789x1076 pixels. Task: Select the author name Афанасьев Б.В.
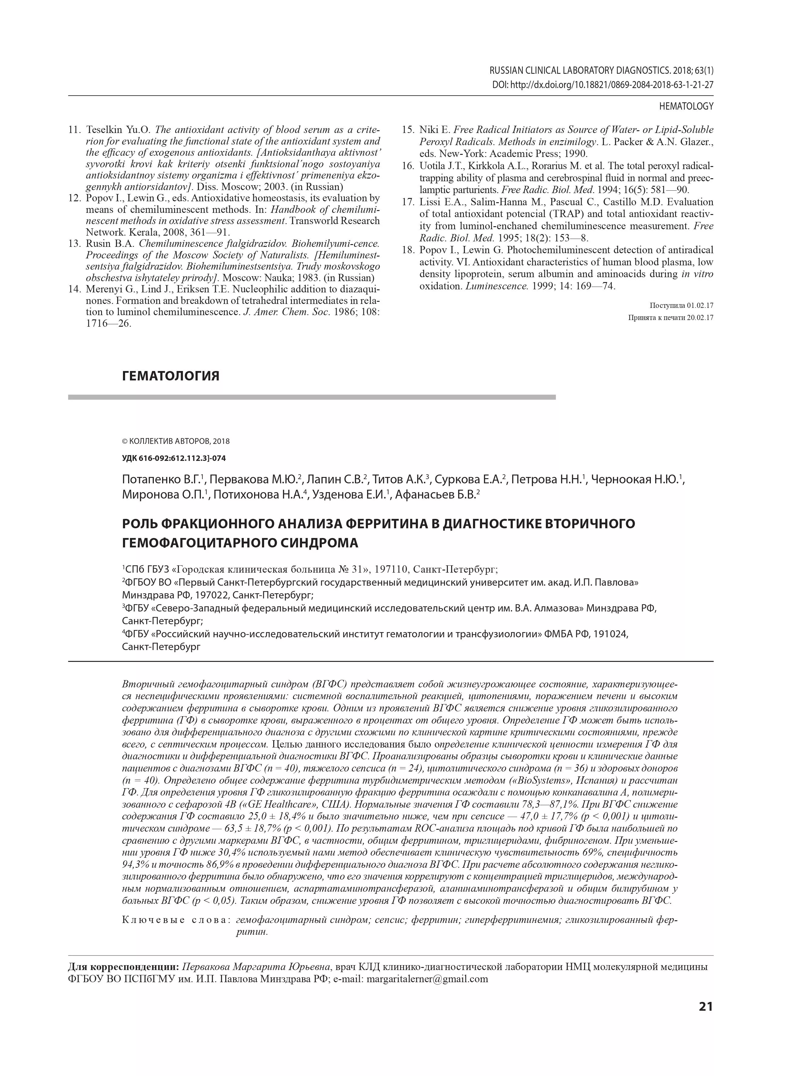pyautogui.click(x=436, y=495)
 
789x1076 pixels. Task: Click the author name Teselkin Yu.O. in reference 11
pyautogui.click(x=118, y=130)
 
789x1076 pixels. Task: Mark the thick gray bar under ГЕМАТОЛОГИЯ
pyautogui.click(x=311, y=397)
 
